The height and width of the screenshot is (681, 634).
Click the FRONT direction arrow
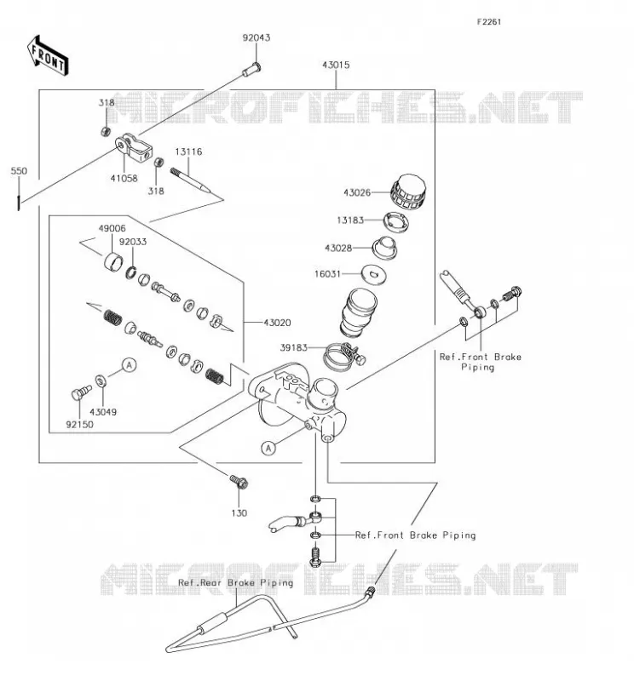pos(48,56)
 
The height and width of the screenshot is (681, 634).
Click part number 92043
pos(256,37)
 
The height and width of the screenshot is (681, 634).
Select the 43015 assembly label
pos(336,66)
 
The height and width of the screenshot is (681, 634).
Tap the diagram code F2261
pos(489,22)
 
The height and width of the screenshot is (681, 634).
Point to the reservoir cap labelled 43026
pos(408,192)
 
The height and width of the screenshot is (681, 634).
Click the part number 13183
pos(349,220)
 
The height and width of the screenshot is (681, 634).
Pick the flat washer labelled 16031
pos(374,273)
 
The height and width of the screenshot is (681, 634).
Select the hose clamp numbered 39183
pos(344,356)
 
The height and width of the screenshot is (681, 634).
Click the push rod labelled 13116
pos(191,180)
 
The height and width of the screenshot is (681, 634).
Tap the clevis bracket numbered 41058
pos(134,147)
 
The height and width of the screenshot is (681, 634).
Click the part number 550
pos(19,171)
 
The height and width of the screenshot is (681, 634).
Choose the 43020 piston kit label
pos(277,323)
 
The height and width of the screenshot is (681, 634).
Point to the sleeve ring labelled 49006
pos(113,261)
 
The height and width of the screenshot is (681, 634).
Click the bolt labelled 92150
pos(81,392)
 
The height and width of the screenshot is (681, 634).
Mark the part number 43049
pos(103,412)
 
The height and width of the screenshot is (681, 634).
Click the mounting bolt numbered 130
pos(239,482)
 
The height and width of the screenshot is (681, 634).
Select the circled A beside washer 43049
pos(129,365)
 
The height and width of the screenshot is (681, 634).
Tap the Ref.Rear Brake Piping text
pos(235,582)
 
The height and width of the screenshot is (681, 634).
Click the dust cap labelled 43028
pos(384,248)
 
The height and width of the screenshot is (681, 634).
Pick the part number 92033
pos(133,242)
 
